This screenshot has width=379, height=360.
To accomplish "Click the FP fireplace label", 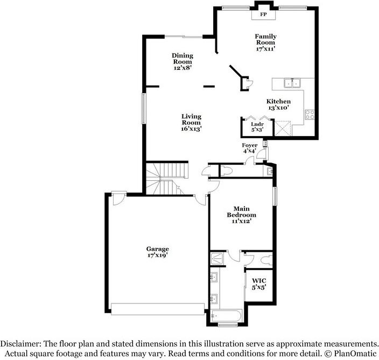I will [264, 15].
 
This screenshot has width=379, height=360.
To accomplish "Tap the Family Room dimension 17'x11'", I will [265, 48].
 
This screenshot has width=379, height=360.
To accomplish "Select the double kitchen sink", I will [292, 83].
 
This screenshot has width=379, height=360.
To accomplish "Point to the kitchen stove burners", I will [310, 114].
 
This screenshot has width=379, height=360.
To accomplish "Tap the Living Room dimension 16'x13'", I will [191, 129].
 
